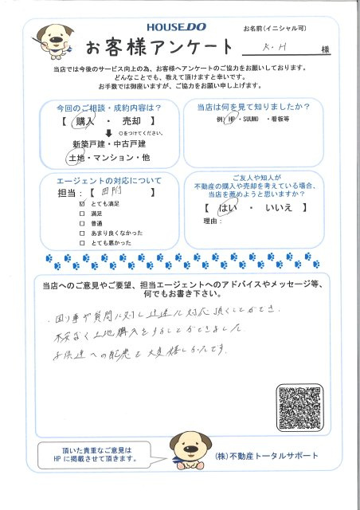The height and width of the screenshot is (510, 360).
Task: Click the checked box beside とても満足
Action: coord(82,204)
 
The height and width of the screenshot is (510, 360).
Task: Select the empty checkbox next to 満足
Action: coord(82,214)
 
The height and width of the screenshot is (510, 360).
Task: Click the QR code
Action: coord(301,409)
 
